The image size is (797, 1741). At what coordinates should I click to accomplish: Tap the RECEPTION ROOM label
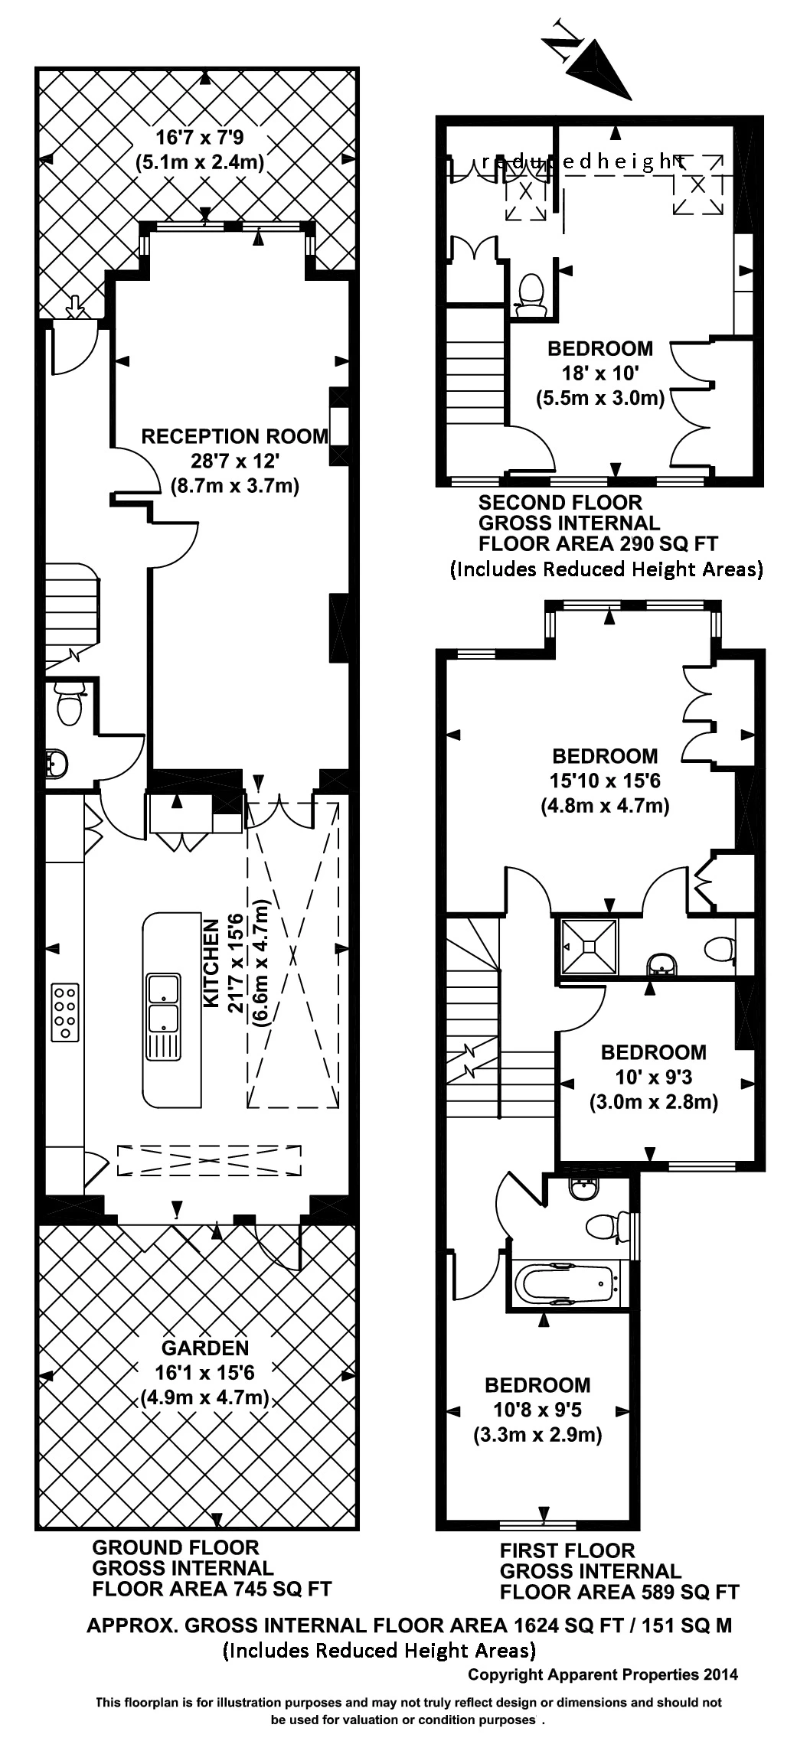[x=234, y=436]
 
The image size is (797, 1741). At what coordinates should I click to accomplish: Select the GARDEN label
[x=204, y=1348]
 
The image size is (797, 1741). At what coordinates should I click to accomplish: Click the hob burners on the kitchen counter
[x=64, y=1012]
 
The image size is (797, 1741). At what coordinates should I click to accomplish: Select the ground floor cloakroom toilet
[x=69, y=705]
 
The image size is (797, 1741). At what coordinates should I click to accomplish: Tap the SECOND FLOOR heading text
[x=560, y=503]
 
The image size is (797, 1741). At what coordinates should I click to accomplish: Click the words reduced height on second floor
[x=582, y=161]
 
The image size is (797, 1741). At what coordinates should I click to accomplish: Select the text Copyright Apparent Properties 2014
[x=603, y=1674]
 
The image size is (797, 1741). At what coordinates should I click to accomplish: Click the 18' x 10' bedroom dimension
[x=599, y=373]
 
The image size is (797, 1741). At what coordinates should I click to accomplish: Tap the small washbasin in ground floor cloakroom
[x=57, y=763]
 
